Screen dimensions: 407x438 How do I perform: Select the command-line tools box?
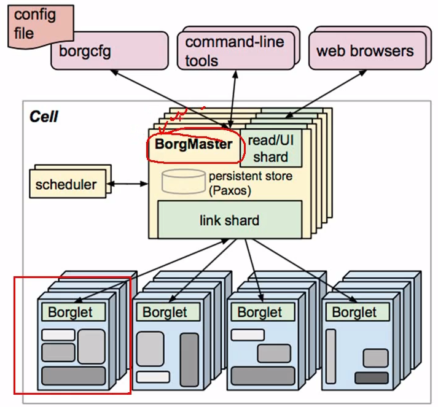pos(234,52)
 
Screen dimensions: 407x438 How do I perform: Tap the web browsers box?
pos(364,51)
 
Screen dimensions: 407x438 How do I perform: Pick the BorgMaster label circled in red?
pos(194,145)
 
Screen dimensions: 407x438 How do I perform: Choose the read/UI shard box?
pos(270,148)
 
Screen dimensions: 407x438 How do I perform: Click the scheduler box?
pos(66,184)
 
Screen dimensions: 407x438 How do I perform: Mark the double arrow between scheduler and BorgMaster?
pos(128,183)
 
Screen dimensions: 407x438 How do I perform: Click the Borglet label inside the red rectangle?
pos(70,312)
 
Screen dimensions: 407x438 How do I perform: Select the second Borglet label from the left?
pos(165,312)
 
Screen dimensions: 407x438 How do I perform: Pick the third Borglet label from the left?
pos(259,312)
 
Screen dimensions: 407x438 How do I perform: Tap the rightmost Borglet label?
pos(354,312)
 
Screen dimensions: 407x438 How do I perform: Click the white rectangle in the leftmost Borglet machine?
pos(58,335)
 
